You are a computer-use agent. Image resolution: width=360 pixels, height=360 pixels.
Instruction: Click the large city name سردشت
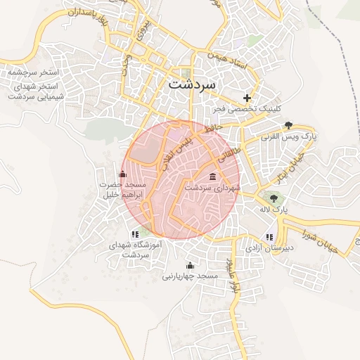[194, 84]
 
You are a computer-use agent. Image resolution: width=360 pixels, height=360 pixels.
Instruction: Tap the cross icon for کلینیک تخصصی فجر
[247, 98]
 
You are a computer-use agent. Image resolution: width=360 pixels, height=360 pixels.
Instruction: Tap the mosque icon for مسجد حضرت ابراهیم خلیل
[123, 174]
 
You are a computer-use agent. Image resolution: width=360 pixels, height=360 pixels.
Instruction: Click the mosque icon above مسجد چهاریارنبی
[190, 265]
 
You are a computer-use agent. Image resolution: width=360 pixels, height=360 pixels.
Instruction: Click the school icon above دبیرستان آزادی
[269, 237]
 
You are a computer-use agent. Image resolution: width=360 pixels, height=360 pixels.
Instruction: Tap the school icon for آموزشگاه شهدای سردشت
[134, 234]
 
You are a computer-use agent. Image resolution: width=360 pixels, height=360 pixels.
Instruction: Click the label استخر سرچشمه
[32, 72]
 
